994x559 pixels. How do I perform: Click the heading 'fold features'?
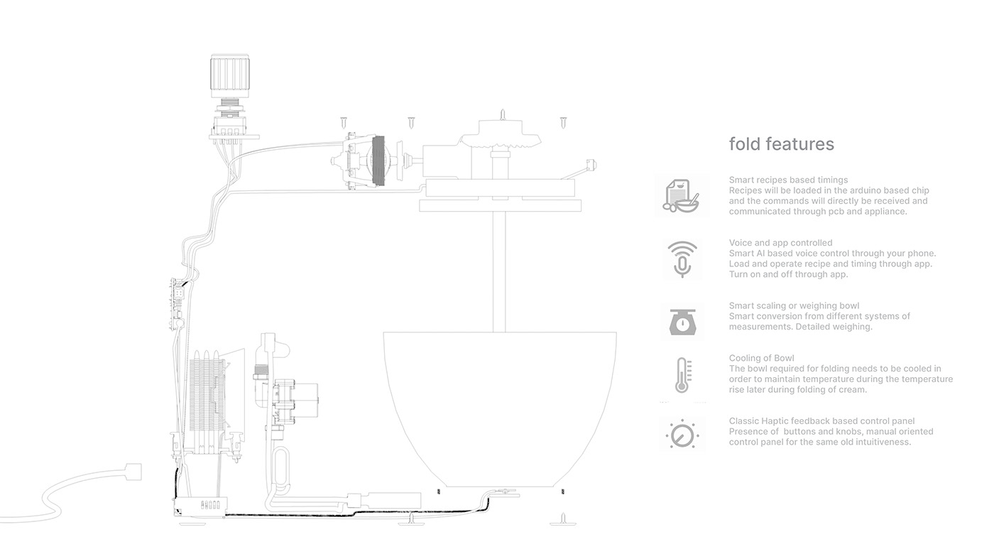point(781,144)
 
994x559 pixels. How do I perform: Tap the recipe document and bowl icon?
point(681,195)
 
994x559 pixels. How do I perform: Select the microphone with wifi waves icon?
point(682,259)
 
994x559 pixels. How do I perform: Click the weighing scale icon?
point(682,322)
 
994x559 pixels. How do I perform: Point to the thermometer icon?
point(682,376)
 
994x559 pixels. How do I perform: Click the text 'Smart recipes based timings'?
point(788,180)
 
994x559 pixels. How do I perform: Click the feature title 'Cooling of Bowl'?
point(761,359)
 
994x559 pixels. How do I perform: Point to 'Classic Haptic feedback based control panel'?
point(821,421)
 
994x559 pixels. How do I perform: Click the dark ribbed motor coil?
point(378,161)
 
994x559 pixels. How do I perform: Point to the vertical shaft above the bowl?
point(504,270)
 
